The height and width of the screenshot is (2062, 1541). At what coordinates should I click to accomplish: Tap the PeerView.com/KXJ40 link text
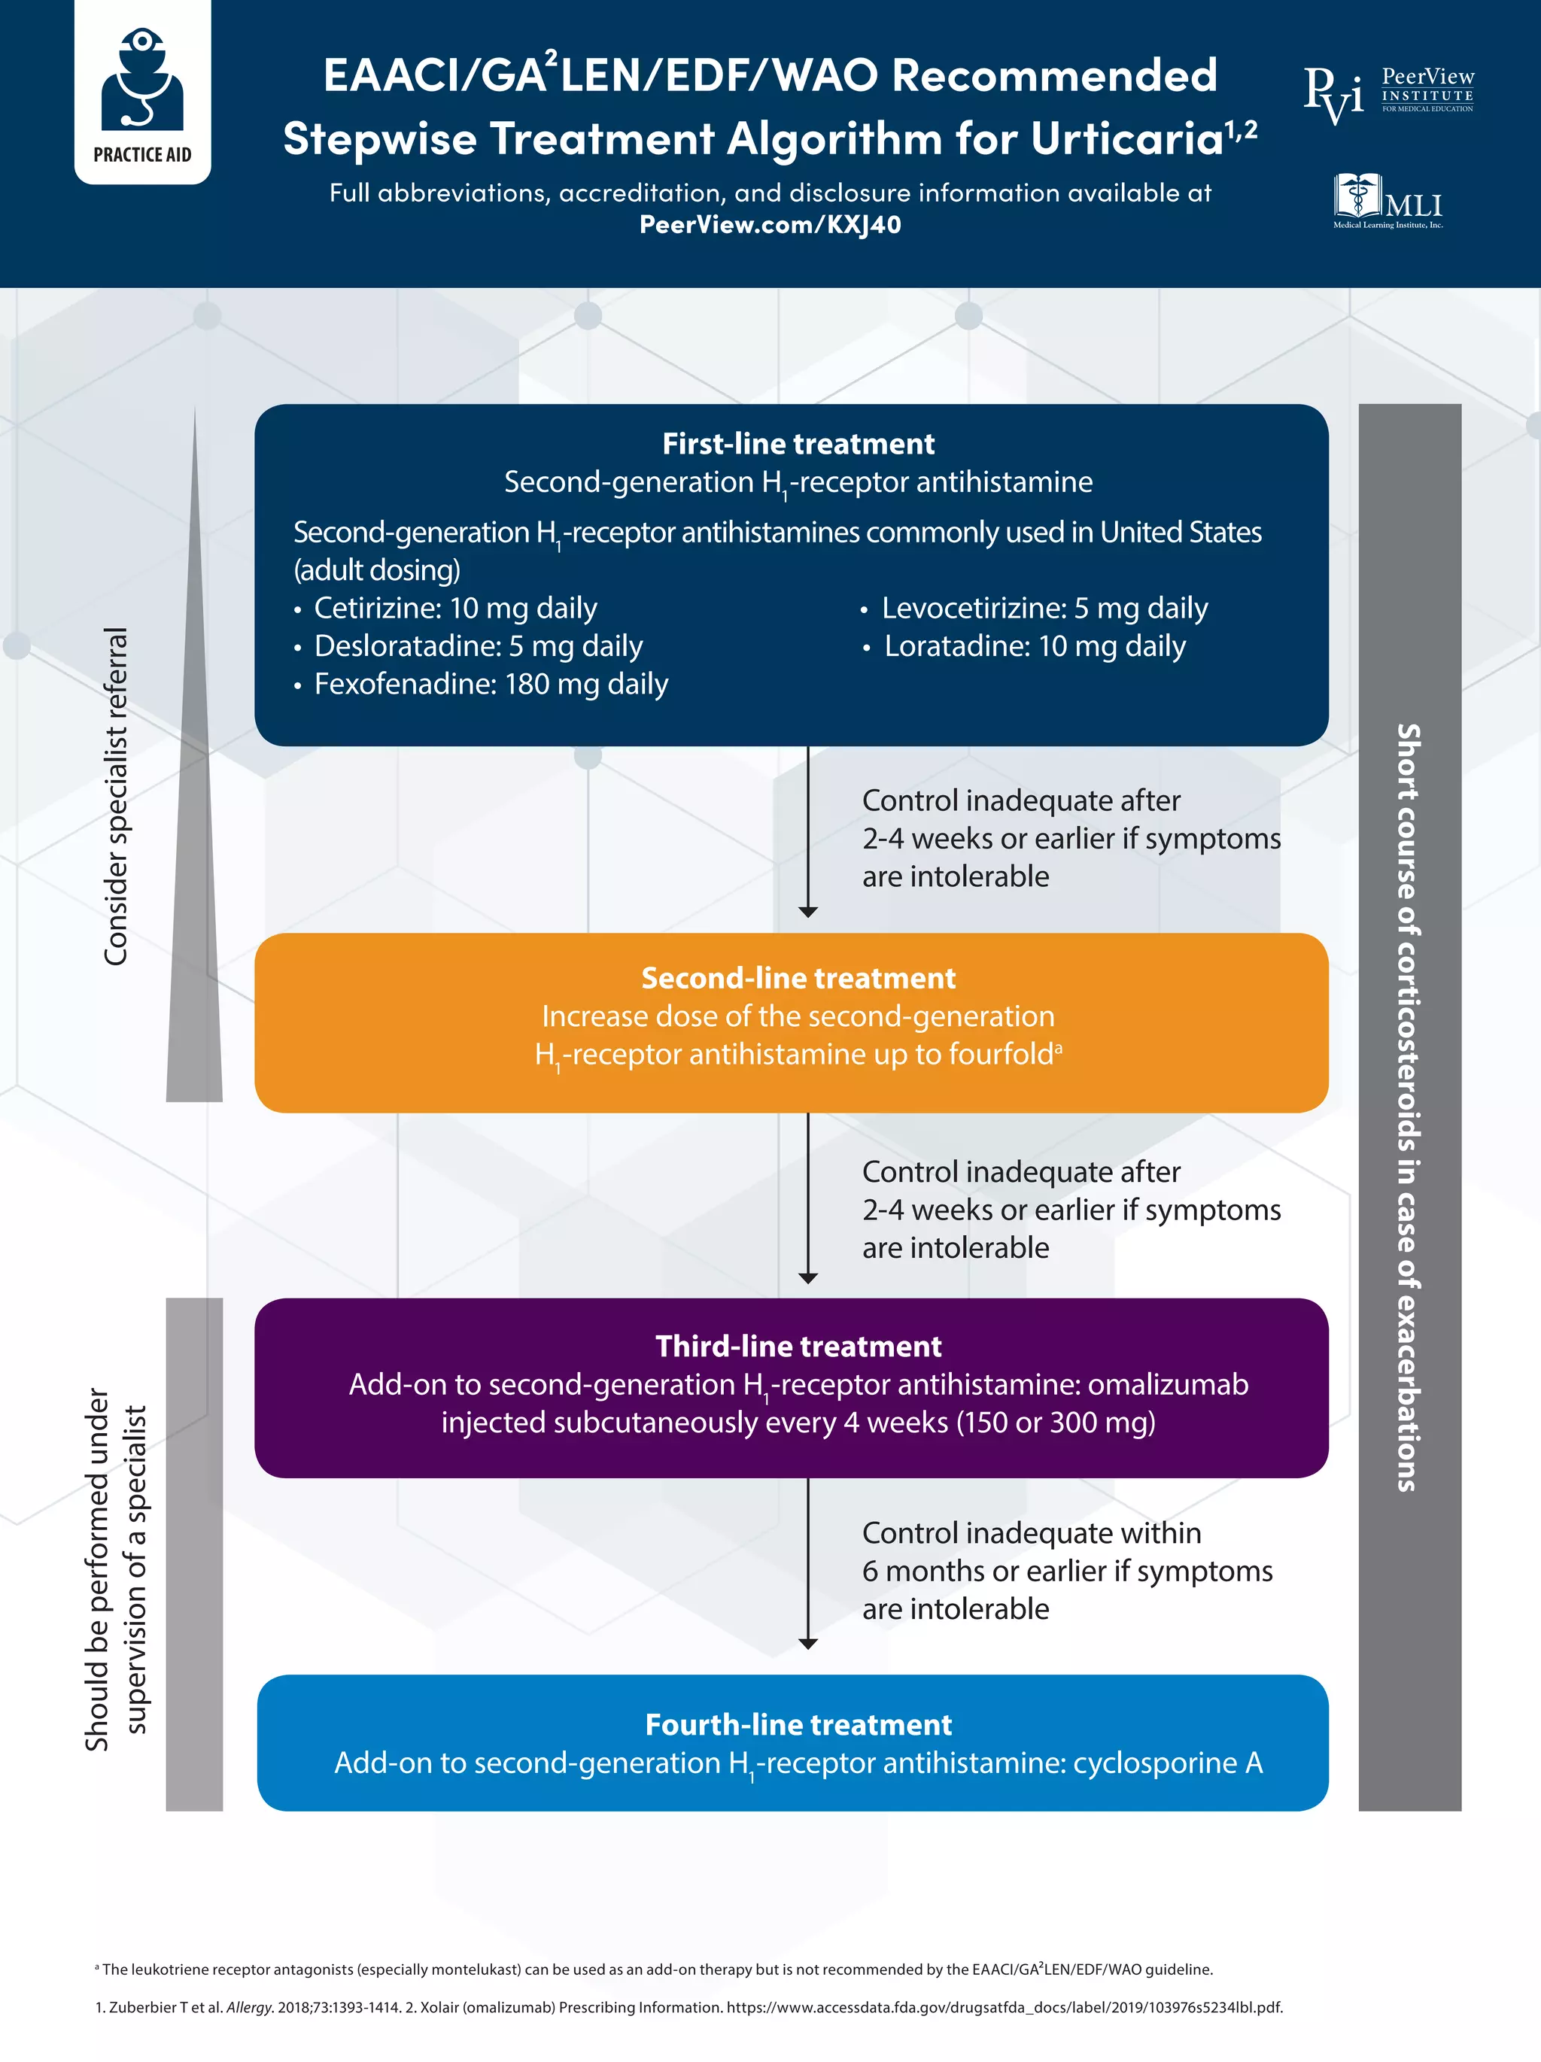770,225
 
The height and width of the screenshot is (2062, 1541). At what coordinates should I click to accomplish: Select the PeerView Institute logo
1388,94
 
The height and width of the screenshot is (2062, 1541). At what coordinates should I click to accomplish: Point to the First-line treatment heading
798,444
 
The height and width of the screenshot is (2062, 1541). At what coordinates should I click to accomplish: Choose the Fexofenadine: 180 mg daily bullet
481,685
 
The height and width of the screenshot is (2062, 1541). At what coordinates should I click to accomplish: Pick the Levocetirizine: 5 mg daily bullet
1034,608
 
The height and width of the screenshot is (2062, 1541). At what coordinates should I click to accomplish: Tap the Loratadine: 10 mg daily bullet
1023,646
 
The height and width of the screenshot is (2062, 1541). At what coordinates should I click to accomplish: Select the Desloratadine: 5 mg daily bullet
468,646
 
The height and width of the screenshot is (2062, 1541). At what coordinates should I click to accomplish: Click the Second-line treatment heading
798,978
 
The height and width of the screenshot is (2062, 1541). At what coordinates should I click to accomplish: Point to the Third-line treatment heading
798,1346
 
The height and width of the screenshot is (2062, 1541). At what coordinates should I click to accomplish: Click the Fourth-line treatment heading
798,1724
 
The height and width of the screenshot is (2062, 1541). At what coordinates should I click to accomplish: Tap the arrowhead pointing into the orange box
808,912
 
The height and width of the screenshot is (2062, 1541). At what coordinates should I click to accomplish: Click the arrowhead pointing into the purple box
808,1278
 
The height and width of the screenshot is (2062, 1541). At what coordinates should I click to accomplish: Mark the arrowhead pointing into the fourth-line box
808,1644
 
